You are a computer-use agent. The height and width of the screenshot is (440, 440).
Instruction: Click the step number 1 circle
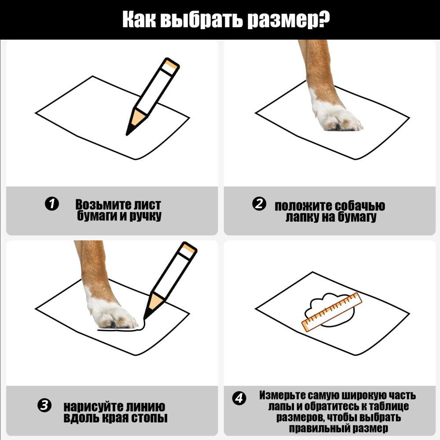coord(51,204)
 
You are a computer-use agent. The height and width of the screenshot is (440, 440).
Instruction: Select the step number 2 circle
coord(259,204)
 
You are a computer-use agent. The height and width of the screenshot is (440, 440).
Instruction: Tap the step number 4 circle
coord(238,399)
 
